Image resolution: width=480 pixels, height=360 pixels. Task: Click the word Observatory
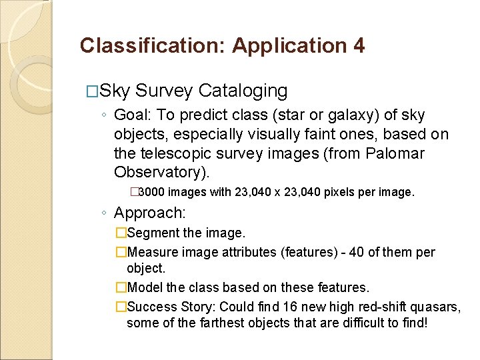(x=161, y=172)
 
